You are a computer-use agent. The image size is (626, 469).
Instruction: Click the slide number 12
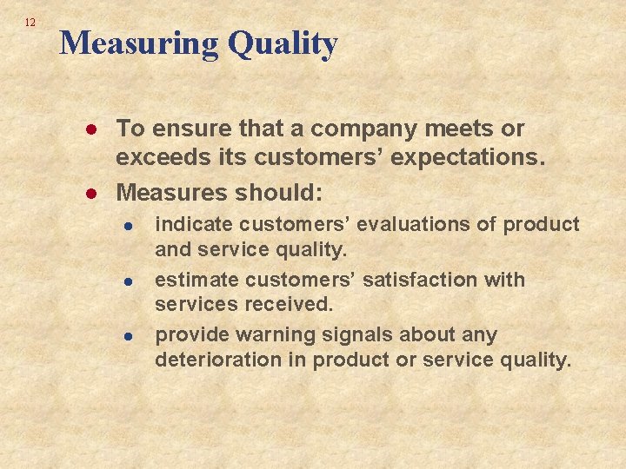pyautogui.click(x=30, y=23)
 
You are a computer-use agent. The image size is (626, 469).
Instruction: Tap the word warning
pyautogui.click(x=277, y=335)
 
